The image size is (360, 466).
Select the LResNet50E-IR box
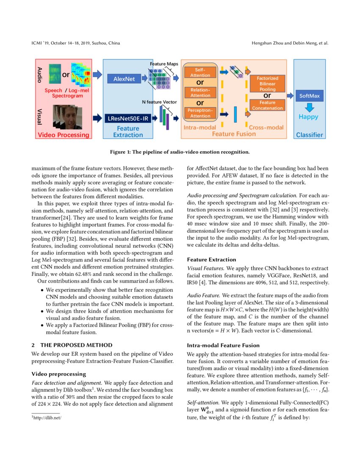pyautogui.click(x=127, y=118)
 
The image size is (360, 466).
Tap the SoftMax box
pyautogui.click(x=310, y=96)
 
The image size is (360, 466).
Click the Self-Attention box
pyautogui.click(x=200, y=72)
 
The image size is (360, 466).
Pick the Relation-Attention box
pyautogui.click(x=200, y=92)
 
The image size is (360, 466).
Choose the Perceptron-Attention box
pyautogui.click(x=200, y=113)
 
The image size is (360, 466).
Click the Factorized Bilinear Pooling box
pyautogui.click(x=267, y=84)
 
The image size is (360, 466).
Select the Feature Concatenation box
pyautogui.click(x=267, y=105)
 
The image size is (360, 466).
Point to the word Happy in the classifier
pyautogui.click(x=309, y=116)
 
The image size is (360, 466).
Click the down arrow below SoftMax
pyautogui.click(x=309, y=106)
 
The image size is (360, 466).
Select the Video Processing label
pyautogui.click(x=64, y=135)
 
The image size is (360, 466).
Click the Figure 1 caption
pyautogui.click(x=180, y=152)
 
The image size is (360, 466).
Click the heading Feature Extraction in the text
pyautogui.click(x=212, y=259)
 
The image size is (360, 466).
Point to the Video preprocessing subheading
pyautogui.click(x=59, y=374)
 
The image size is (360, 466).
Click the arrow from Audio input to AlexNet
pyautogui.click(x=97, y=75)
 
